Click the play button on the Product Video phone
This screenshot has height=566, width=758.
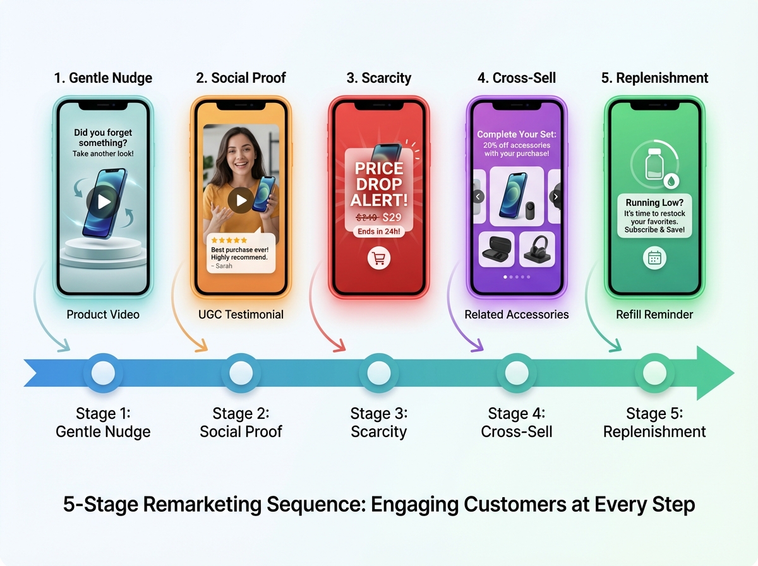tap(104, 202)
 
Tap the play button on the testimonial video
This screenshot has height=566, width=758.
tap(241, 200)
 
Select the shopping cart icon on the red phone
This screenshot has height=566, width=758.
tap(379, 258)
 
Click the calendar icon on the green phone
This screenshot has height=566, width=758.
tap(654, 258)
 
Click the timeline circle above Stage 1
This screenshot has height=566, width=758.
tap(103, 373)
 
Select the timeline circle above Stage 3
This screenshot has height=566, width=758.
tap(379, 373)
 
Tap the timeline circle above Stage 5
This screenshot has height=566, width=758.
tap(654, 373)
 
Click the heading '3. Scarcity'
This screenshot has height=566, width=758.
tap(379, 78)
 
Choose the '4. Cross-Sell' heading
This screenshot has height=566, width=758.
tap(517, 78)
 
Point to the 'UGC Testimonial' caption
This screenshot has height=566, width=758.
tap(241, 315)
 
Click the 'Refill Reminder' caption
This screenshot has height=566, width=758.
tap(654, 315)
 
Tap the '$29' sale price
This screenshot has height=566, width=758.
tap(392, 217)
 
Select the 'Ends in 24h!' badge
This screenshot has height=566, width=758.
tap(379, 232)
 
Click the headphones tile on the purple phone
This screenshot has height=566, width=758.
tap(537, 249)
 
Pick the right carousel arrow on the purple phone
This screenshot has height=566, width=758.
tap(555, 196)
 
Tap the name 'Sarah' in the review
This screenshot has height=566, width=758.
tap(224, 266)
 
